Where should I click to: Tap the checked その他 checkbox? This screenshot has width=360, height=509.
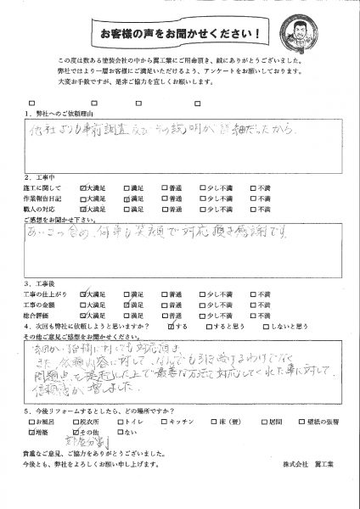69,454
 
